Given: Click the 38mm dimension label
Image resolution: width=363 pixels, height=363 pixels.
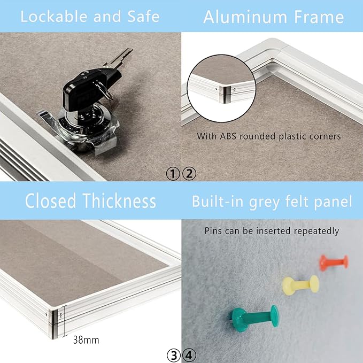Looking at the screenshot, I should (86, 339).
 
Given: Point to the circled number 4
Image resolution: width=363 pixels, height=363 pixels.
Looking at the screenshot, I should (189, 354).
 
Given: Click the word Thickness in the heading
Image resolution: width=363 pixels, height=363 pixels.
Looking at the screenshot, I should (120, 201).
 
